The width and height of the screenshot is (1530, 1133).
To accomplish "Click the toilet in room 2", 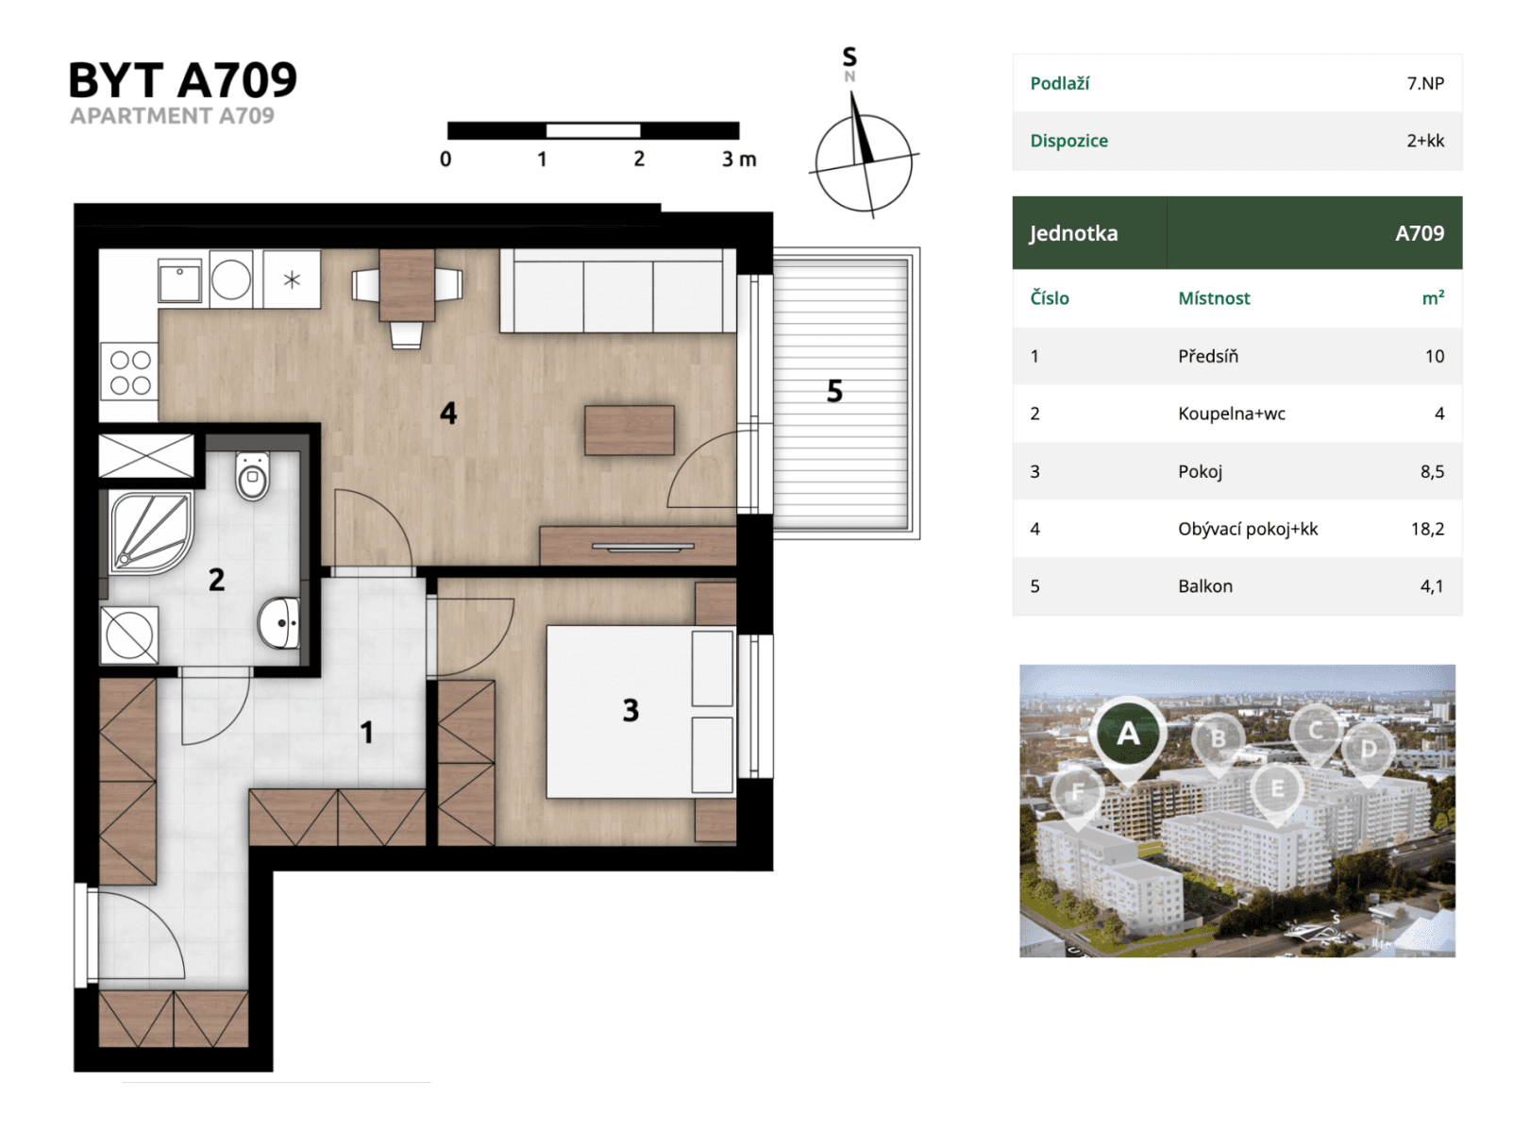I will tap(252, 477).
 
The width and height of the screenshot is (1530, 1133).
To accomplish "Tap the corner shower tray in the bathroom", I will tap(149, 533).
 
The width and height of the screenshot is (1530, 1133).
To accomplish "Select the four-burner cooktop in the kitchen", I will tap(129, 372).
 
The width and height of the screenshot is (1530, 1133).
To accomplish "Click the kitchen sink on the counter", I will tap(179, 280).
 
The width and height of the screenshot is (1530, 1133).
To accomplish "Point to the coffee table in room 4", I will tap(629, 431).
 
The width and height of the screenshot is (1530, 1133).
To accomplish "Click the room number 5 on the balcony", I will tap(834, 391).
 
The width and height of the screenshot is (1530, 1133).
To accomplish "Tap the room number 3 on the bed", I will tap(630, 710).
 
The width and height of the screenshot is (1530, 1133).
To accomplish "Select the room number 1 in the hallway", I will tap(367, 732).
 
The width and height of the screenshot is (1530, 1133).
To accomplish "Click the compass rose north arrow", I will tap(861, 132).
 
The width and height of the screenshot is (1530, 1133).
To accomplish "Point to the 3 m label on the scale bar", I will tap(739, 160).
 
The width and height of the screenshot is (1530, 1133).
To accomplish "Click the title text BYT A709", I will tap(182, 80).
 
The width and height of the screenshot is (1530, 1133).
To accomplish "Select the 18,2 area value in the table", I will tap(1426, 529).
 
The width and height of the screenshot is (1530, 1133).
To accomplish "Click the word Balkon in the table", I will tap(1204, 586).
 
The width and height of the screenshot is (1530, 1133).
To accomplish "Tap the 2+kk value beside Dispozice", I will tap(1424, 141).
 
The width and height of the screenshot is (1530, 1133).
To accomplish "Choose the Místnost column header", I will tap(1213, 298).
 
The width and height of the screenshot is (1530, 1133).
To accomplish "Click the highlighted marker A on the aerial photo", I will tap(1128, 735).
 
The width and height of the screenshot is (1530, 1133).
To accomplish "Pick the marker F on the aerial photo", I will tap(1077, 793).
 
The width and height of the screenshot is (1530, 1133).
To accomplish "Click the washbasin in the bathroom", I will tap(278, 623).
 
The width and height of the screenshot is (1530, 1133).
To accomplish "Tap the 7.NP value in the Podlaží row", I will tap(1424, 83).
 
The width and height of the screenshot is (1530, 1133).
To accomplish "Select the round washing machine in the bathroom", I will tap(129, 634).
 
